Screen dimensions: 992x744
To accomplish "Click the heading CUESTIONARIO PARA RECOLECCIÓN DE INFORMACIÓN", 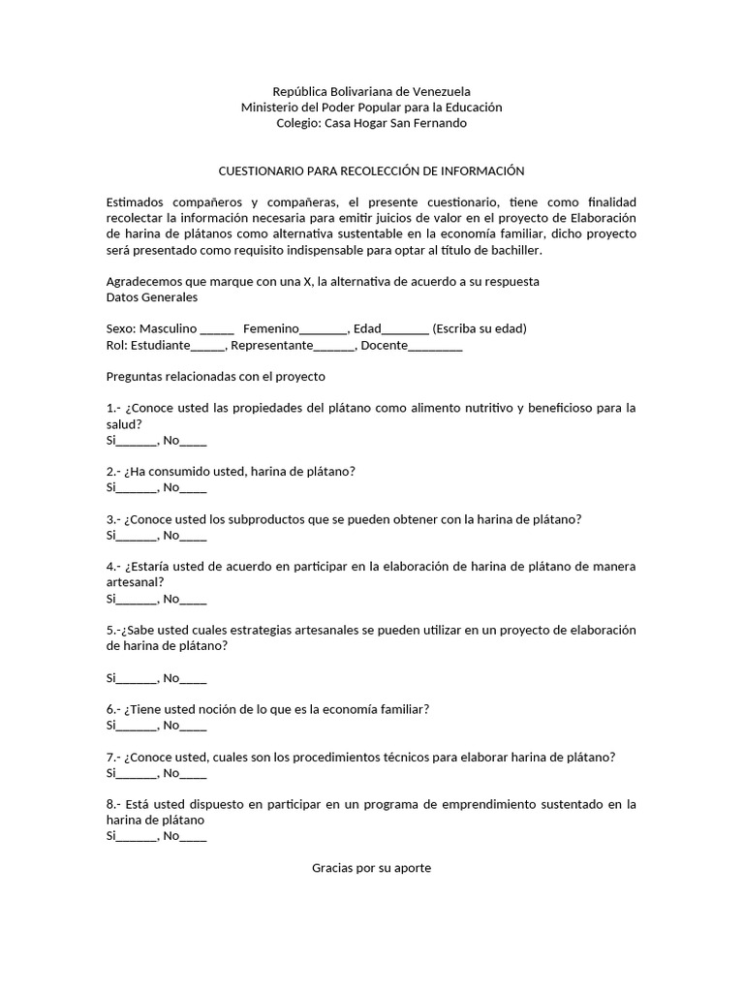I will (371, 170).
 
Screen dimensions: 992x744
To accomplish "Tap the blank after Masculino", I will (217, 329).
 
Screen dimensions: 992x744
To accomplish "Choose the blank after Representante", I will (334, 346).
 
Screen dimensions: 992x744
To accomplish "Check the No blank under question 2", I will (194, 488).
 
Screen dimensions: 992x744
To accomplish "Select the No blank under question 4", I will (194, 600).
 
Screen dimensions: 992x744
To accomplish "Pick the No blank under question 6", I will (194, 727).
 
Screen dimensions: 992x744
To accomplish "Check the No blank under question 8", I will (194, 837).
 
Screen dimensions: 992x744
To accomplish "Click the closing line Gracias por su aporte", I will (371, 868).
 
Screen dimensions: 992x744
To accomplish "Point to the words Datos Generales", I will (151, 297).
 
